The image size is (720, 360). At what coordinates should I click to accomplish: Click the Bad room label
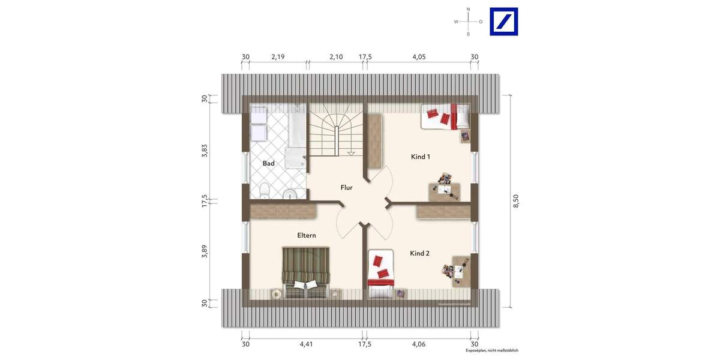268,163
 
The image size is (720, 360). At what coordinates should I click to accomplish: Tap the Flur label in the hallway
346,187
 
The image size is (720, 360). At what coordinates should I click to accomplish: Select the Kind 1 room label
420,157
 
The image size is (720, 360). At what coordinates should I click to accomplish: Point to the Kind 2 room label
419,253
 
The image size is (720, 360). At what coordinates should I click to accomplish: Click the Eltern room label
306,236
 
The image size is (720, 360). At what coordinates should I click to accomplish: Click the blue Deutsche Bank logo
503,22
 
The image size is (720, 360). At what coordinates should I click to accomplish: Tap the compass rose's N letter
468,10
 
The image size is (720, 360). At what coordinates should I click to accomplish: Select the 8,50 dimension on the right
515,201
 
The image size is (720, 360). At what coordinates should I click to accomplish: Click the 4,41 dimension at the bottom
305,344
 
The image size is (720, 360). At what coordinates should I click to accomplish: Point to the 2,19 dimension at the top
278,57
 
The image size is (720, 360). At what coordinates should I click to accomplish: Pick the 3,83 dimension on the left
205,151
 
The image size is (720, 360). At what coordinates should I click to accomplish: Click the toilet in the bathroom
263,190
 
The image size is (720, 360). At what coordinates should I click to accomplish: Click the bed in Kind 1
445,116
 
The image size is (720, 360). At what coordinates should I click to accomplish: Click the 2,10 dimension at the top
335,57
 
